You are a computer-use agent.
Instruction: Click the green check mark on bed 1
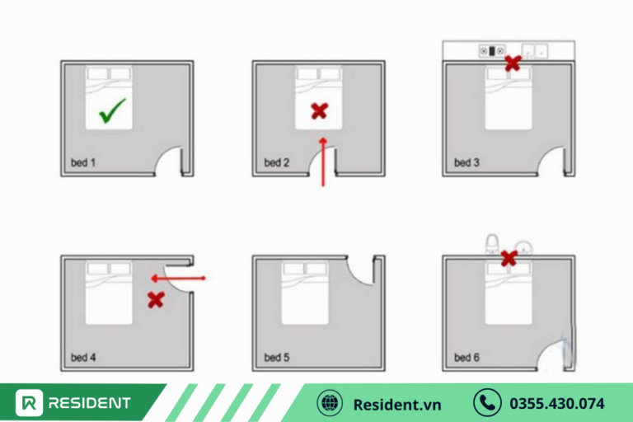112,110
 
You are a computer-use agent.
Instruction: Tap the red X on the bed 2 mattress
319,111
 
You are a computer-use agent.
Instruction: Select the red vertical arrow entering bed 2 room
323,162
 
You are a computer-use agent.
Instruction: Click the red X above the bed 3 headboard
513,63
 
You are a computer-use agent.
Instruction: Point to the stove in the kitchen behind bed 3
492,51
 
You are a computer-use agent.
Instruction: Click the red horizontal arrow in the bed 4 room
178,279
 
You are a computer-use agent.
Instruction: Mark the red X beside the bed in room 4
156,300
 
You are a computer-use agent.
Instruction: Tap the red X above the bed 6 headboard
509,259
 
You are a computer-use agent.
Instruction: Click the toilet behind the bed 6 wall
492,243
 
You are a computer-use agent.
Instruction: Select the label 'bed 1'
83,162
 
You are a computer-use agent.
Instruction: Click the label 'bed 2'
277,162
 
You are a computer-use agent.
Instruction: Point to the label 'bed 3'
467,162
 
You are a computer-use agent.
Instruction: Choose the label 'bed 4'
83,358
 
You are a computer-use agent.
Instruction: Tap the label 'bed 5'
277,358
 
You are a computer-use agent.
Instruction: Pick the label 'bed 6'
467,358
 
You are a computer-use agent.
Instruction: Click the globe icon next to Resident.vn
330,403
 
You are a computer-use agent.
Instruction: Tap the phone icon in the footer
487,402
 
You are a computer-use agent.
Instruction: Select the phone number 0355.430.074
557,403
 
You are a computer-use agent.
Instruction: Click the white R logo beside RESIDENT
29,402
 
